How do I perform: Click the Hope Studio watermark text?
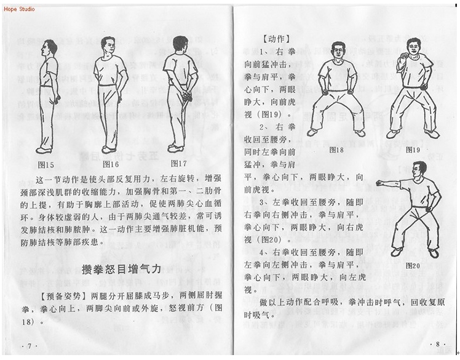(x=18, y=9)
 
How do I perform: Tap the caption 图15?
(x=46, y=164)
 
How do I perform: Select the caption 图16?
(x=111, y=164)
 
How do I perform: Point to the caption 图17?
(x=178, y=164)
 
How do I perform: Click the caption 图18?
(x=336, y=150)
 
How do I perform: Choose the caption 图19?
(x=413, y=150)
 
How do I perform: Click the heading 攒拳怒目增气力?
(x=121, y=268)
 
